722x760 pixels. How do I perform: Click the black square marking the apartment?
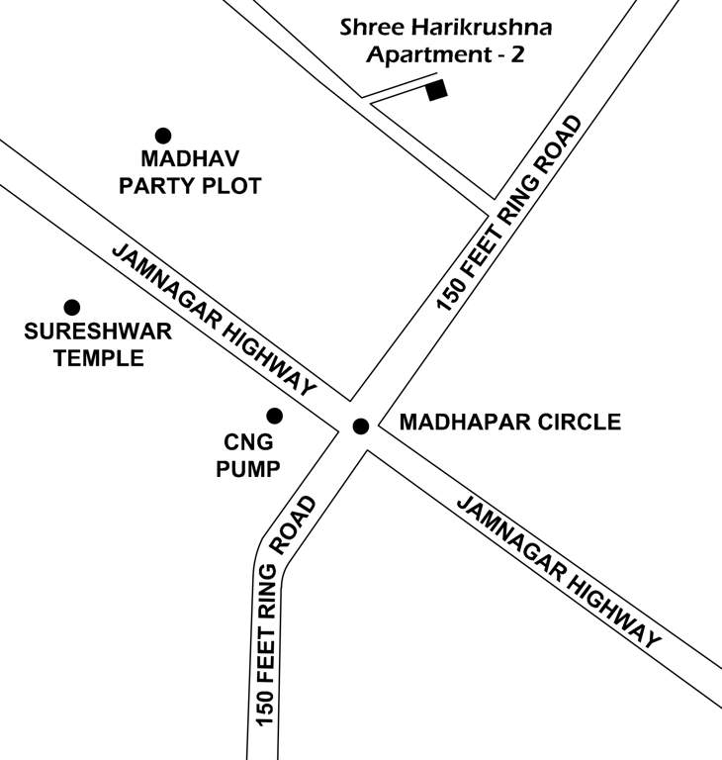coord(436,91)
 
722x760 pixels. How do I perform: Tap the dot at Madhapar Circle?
coord(361,427)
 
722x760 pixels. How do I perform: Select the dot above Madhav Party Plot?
coord(163,136)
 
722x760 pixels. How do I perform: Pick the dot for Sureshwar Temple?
coord(71,308)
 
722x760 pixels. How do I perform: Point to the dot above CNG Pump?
coord(274,416)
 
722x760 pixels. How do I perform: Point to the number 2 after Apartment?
coord(516,54)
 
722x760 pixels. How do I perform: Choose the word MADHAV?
coord(190,159)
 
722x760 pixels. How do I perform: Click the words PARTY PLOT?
coord(190,186)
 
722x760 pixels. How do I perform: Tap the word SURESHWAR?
coord(98,332)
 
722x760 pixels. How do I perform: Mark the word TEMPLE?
coord(98,358)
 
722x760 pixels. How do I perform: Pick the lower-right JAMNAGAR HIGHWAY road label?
coord(558,571)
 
